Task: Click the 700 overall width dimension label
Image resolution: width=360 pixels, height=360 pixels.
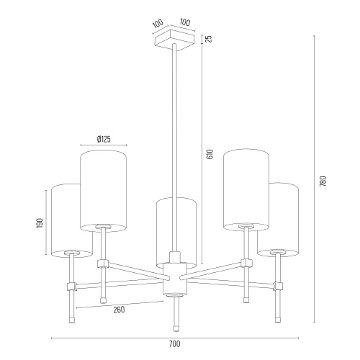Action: pyautogui.click(x=174, y=344)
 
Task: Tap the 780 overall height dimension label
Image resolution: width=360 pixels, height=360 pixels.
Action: pyautogui.click(x=323, y=181)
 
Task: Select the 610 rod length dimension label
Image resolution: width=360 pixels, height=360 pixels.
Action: pyautogui.click(x=210, y=154)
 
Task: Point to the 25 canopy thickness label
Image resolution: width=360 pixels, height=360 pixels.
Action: pyautogui.click(x=210, y=39)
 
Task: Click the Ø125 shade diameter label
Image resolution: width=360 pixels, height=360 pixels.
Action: pyautogui.click(x=104, y=139)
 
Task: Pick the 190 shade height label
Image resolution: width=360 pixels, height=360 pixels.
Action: pyautogui.click(x=40, y=223)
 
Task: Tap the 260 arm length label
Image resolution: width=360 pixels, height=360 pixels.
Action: pyautogui.click(x=119, y=310)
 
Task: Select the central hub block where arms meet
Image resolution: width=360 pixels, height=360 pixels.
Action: pyautogui.click(x=174, y=279)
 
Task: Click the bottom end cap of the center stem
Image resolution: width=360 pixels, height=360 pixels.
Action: pyautogui.click(x=176, y=328)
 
